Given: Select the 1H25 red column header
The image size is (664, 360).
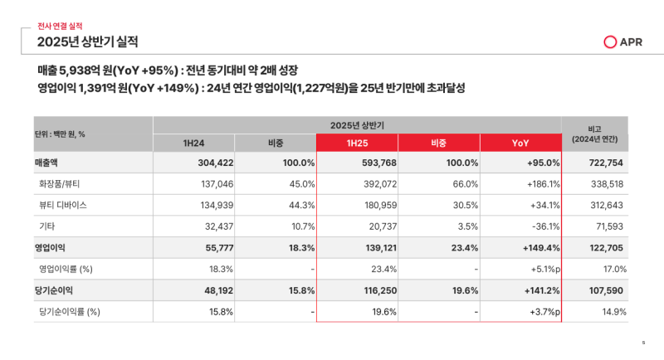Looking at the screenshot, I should coord(358,143).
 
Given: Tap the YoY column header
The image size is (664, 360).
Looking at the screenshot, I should coord(520,143).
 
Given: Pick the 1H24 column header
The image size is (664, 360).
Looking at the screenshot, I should coord(194,143).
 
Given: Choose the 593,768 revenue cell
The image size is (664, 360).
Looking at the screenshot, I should coord(378,163).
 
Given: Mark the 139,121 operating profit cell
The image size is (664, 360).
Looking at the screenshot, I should coord(380,248).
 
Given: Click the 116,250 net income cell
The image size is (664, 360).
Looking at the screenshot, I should coord(379,290).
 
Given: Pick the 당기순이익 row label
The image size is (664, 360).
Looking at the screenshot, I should coord(55,290).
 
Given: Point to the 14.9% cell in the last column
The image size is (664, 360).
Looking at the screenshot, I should coord(614,311).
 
